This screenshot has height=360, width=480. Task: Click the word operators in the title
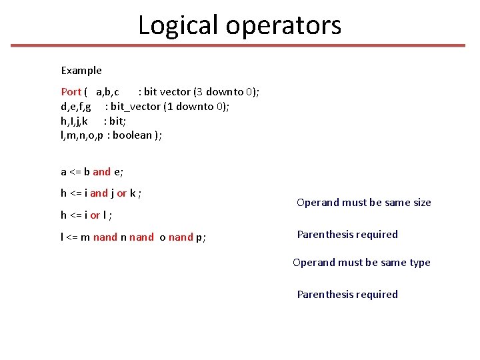click(283, 25)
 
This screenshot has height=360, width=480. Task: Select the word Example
click(81, 71)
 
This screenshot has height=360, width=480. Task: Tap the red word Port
click(71, 92)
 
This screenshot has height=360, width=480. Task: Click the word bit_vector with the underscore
click(135, 107)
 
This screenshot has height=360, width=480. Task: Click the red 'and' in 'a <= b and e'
click(102, 172)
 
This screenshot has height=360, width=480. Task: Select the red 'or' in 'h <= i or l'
click(95, 215)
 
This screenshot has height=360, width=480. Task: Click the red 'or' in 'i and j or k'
click(122, 194)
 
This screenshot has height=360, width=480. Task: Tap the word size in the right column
click(419, 203)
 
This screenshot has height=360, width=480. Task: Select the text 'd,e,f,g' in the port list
click(76, 107)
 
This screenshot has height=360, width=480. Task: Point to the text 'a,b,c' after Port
click(107, 92)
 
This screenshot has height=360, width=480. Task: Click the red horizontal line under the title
click(238, 46)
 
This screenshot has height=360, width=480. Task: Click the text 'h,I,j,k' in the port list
click(74, 121)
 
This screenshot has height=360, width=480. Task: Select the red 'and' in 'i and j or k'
click(99, 194)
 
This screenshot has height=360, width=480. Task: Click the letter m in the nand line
click(86, 237)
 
